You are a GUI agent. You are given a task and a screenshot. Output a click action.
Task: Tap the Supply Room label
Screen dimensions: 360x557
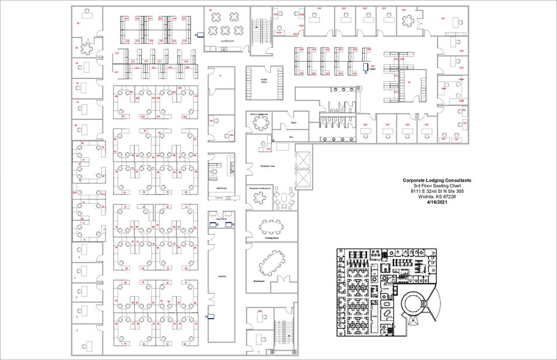265,81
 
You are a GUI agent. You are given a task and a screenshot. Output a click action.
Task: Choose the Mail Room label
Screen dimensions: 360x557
222,189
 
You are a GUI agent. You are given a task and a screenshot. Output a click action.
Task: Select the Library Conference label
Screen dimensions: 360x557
259,114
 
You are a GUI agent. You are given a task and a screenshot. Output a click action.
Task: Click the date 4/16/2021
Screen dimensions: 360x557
437,201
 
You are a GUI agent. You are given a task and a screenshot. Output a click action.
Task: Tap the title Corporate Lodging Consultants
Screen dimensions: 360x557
437,181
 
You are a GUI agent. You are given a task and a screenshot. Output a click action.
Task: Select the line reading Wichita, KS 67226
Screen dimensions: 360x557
437,197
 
